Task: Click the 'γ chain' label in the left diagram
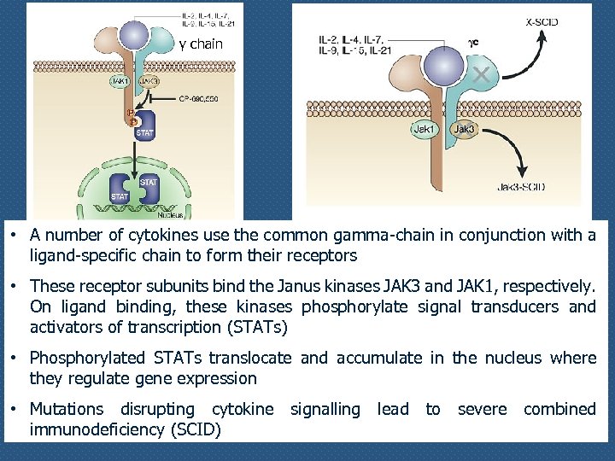point(201,44)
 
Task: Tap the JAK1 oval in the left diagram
point(120,81)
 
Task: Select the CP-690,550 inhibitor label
point(201,98)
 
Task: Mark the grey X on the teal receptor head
point(482,76)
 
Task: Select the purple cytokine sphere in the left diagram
point(134,35)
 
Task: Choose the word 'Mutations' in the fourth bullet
point(67,409)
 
